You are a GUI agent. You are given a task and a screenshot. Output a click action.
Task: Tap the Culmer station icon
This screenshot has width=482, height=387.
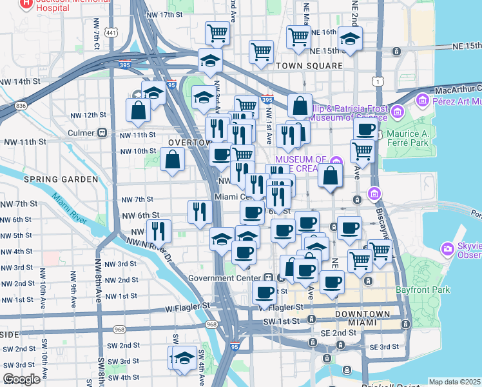pyautogui.click(x=102, y=133)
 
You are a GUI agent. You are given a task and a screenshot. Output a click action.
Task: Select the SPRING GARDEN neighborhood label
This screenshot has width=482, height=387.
pyautogui.click(x=61, y=179)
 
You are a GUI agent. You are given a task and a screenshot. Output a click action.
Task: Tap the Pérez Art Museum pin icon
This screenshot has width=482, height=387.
pyautogui.click(x=423, y=100)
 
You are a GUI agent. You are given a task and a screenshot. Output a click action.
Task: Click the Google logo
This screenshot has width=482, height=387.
pyautogui.click(x=22, y=379)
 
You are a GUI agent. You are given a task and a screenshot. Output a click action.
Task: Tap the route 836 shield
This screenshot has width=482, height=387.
pyautogui.click(x=22, y=106)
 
